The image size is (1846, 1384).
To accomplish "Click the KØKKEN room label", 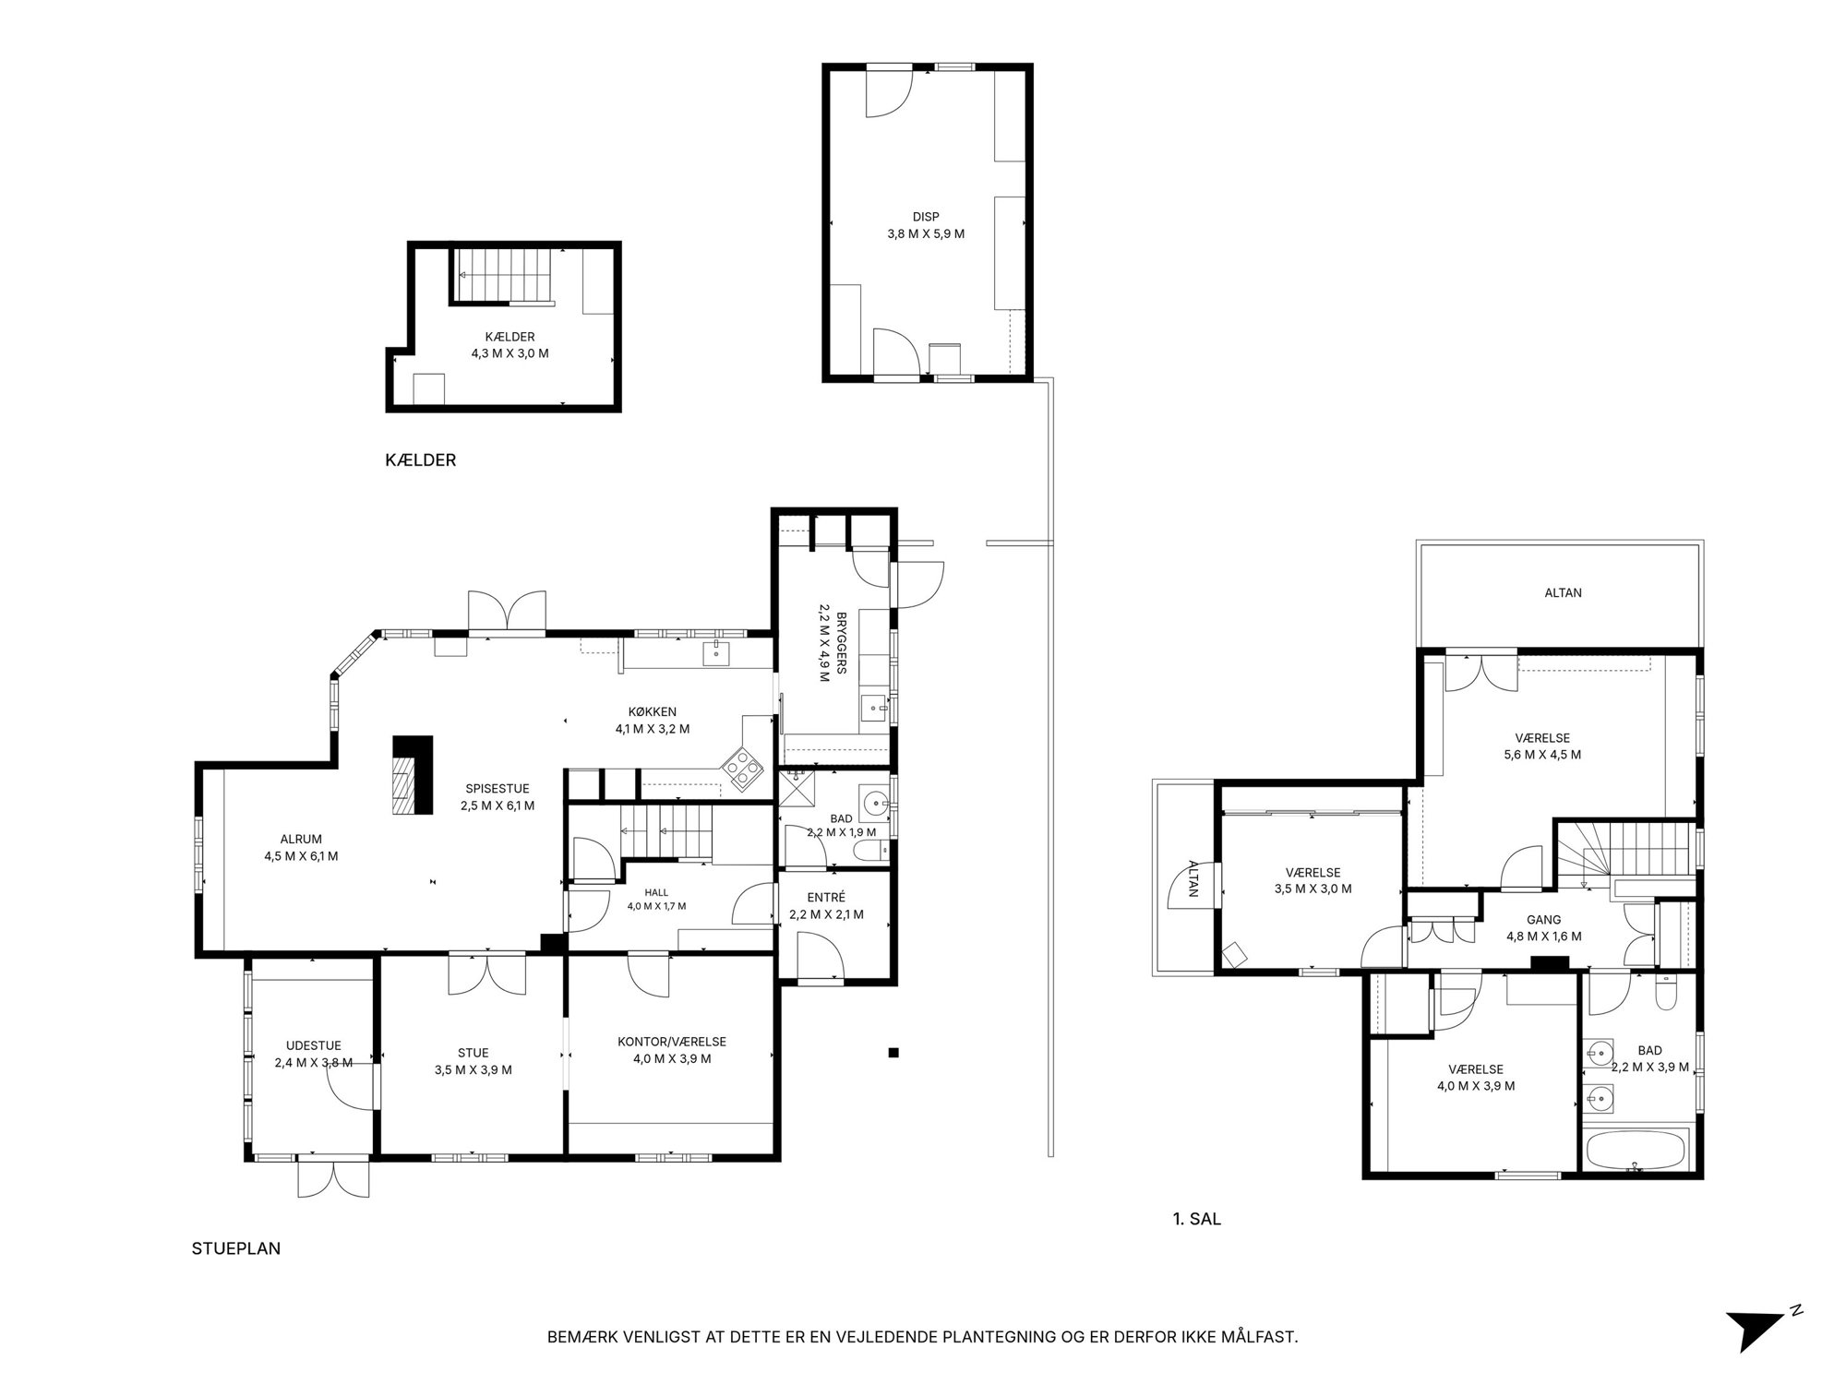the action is tap(653, 711).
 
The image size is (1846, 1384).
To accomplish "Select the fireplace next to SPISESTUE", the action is tap(413, 774).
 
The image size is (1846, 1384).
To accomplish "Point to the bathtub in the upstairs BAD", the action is tap(1635, 1151).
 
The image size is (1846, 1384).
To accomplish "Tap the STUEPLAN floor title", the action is tap(236, 1248).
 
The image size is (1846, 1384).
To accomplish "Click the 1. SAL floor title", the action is tap(1196, 1219).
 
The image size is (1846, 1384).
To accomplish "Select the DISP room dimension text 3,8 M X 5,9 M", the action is tap(926, 233).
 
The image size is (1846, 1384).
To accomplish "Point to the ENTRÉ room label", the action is tap(825, 898).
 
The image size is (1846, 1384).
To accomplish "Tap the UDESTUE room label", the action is tap(314, 1045).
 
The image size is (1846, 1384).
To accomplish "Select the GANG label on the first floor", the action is tap(1544, 920).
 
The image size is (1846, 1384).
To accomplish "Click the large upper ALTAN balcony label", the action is tap(1564, 592).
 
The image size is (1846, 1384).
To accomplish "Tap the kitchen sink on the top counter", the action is tap(716, 653).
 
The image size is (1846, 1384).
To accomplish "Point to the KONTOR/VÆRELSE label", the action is tap(672, 1042).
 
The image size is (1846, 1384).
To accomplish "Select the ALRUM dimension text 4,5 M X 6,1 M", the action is tap(301, 856).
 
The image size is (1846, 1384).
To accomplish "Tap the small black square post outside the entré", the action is tap(893, 1052).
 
